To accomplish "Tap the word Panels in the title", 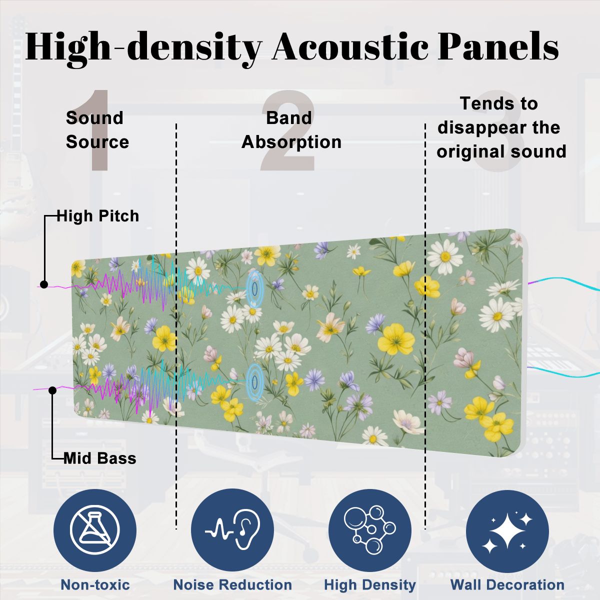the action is [498, 47].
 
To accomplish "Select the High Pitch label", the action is [98, 216].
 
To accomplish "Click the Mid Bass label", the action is [99, 458].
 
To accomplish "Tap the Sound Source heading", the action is [97, 129].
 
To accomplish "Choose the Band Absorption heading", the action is [291, 129].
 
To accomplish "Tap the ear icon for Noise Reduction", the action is [232, 531].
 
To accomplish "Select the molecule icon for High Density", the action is [370, 530].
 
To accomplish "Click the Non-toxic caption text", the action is [95, 584].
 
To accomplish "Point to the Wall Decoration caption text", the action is [507, 584].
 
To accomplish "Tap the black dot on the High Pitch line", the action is [44, 284].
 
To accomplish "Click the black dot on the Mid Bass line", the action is [52, 390].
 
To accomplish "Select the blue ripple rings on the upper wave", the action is [254, 287].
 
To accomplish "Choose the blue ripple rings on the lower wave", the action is [254, 382].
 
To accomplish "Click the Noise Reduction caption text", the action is [232, 584].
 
